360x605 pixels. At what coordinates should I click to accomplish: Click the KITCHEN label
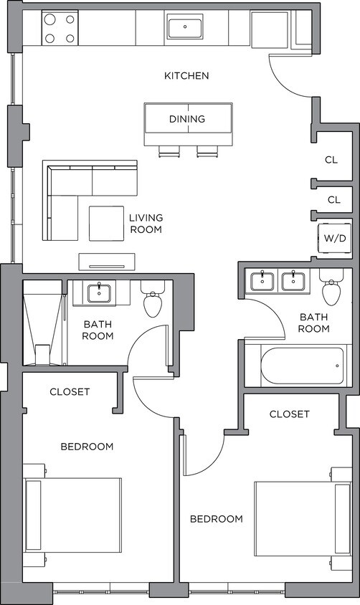[186, 75]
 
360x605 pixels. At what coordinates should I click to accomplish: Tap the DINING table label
[187, 119]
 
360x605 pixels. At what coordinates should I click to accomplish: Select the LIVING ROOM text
[146, 224]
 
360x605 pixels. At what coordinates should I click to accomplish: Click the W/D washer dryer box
[334, 237]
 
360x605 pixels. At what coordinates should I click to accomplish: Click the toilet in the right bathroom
[331, 292]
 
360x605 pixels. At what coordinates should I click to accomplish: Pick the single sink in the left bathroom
[98, 292]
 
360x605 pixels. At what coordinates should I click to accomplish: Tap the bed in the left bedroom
[72, 515]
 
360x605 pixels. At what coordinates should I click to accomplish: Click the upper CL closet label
[333, 161]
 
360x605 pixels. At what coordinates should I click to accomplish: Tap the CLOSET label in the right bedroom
[289, 414]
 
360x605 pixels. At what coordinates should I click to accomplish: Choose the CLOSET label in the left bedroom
[70, 391]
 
